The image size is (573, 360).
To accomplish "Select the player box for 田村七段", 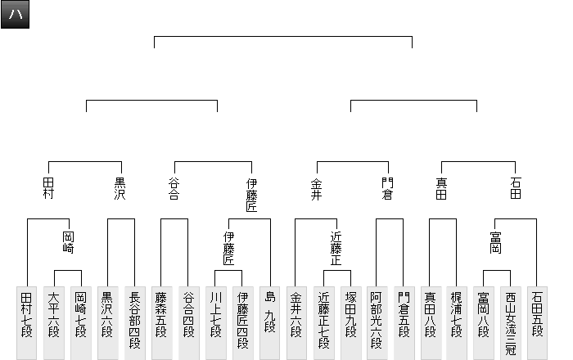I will click(x=27, y=322).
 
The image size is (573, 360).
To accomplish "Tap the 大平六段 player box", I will click(x=54, y=322).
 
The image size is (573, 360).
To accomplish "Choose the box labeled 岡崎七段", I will click(x=80, y=322).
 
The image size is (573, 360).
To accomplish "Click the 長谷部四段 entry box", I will click(x=134, y=322).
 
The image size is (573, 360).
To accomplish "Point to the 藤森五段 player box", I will click(x=161, y=322).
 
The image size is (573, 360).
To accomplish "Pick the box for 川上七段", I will click(x=215, y=322).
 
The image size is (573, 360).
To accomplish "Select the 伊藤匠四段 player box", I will click(x=241, y=322).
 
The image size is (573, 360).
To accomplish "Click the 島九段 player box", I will click(x=268, y=322).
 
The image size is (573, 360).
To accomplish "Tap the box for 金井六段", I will click(x=296, y=322).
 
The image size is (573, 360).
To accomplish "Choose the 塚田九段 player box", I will click(x=350, y=322).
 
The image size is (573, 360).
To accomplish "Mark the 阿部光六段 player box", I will click(x=376, y=322).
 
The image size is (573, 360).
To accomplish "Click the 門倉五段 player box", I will click(x=403, y=322).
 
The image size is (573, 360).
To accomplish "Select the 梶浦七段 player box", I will click(x=457, y=322).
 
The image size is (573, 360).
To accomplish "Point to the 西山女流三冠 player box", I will click(x=511, y=322).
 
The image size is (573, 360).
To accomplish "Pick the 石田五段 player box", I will click(x=537, y=322).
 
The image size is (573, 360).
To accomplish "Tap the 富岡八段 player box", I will click(x=484, y=322).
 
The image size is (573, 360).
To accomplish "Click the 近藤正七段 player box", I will click(x=323, y=322).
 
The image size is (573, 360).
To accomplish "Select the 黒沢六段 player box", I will click(x=107, y=322).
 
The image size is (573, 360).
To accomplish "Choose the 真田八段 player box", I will click(x=430, y=322).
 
